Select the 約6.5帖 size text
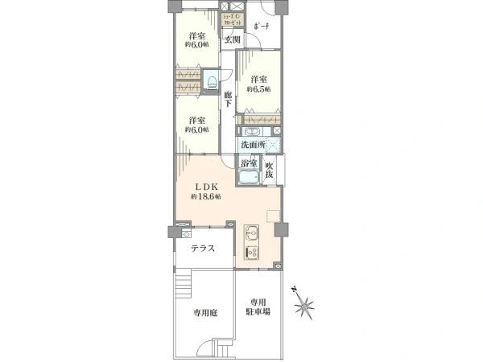[x=257, y=90]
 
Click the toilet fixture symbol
[x=211, y=80]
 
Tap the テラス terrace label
[x=202, y=249]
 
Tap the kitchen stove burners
[x=250, y=253]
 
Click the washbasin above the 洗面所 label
[x=251, y=132]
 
